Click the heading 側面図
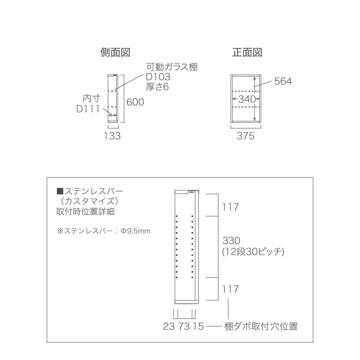tap(115, 53)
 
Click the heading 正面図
tap(247, 53)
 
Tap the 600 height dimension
tap(135, 102)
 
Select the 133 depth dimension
tap(112, 136)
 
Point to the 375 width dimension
tap(246, 136)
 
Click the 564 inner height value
tap(283, 81)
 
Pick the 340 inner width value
tap(247, 99)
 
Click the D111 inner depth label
tap(88, 109)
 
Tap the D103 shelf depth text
tap(158, 76)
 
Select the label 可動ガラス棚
tap(172, 67)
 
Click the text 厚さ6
tap(157, 87)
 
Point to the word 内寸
tap(91, 98)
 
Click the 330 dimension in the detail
tap(231, 241)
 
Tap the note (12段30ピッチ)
tap(253, 252)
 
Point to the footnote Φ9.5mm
tap(136, 231)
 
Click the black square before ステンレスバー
tap(60, 191)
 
